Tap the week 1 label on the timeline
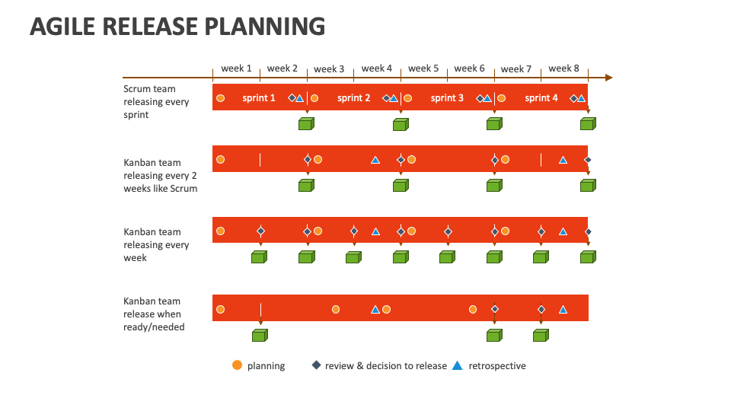tap(236, 68)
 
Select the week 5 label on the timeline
tap(423, 68)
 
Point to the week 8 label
tap(563, 68)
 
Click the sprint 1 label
tap(259, 98)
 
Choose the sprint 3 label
tap(447, 98)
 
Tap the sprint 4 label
tap(541, 98)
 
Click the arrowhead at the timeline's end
tap(609, 78)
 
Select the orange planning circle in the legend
tap(238, 365)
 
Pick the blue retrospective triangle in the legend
tap(458, 366)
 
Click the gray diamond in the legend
tap(317, 365)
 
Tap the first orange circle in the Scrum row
tap(221, 98)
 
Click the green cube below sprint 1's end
tap(306, 124)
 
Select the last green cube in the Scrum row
tap(589, 124)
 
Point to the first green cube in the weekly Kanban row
tap(259, 257)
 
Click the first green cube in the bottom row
tap(260, 336)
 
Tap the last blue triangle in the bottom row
tap(563, 310)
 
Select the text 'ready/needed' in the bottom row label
tap(154, 327)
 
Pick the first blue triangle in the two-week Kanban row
tap(375, 161)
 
